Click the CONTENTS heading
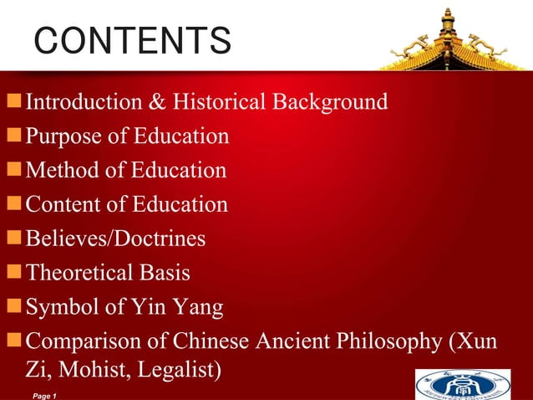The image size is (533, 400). click(x=133, y=40)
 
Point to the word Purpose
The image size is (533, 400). click(x=63, y=136)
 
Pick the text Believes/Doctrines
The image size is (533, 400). click(x=115, y=239)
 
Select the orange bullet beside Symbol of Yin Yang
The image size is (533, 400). click(x=14, y=307)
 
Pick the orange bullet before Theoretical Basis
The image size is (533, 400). click(x=14, y=273)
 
